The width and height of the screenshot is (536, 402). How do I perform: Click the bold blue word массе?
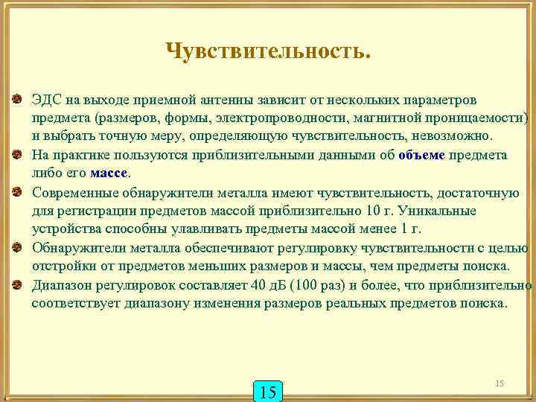[110, 173]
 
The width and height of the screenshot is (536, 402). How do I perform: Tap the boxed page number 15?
[269, 391]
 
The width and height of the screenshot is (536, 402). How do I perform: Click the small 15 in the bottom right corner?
[500, 383]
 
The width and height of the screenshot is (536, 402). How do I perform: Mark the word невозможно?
[455, 137]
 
